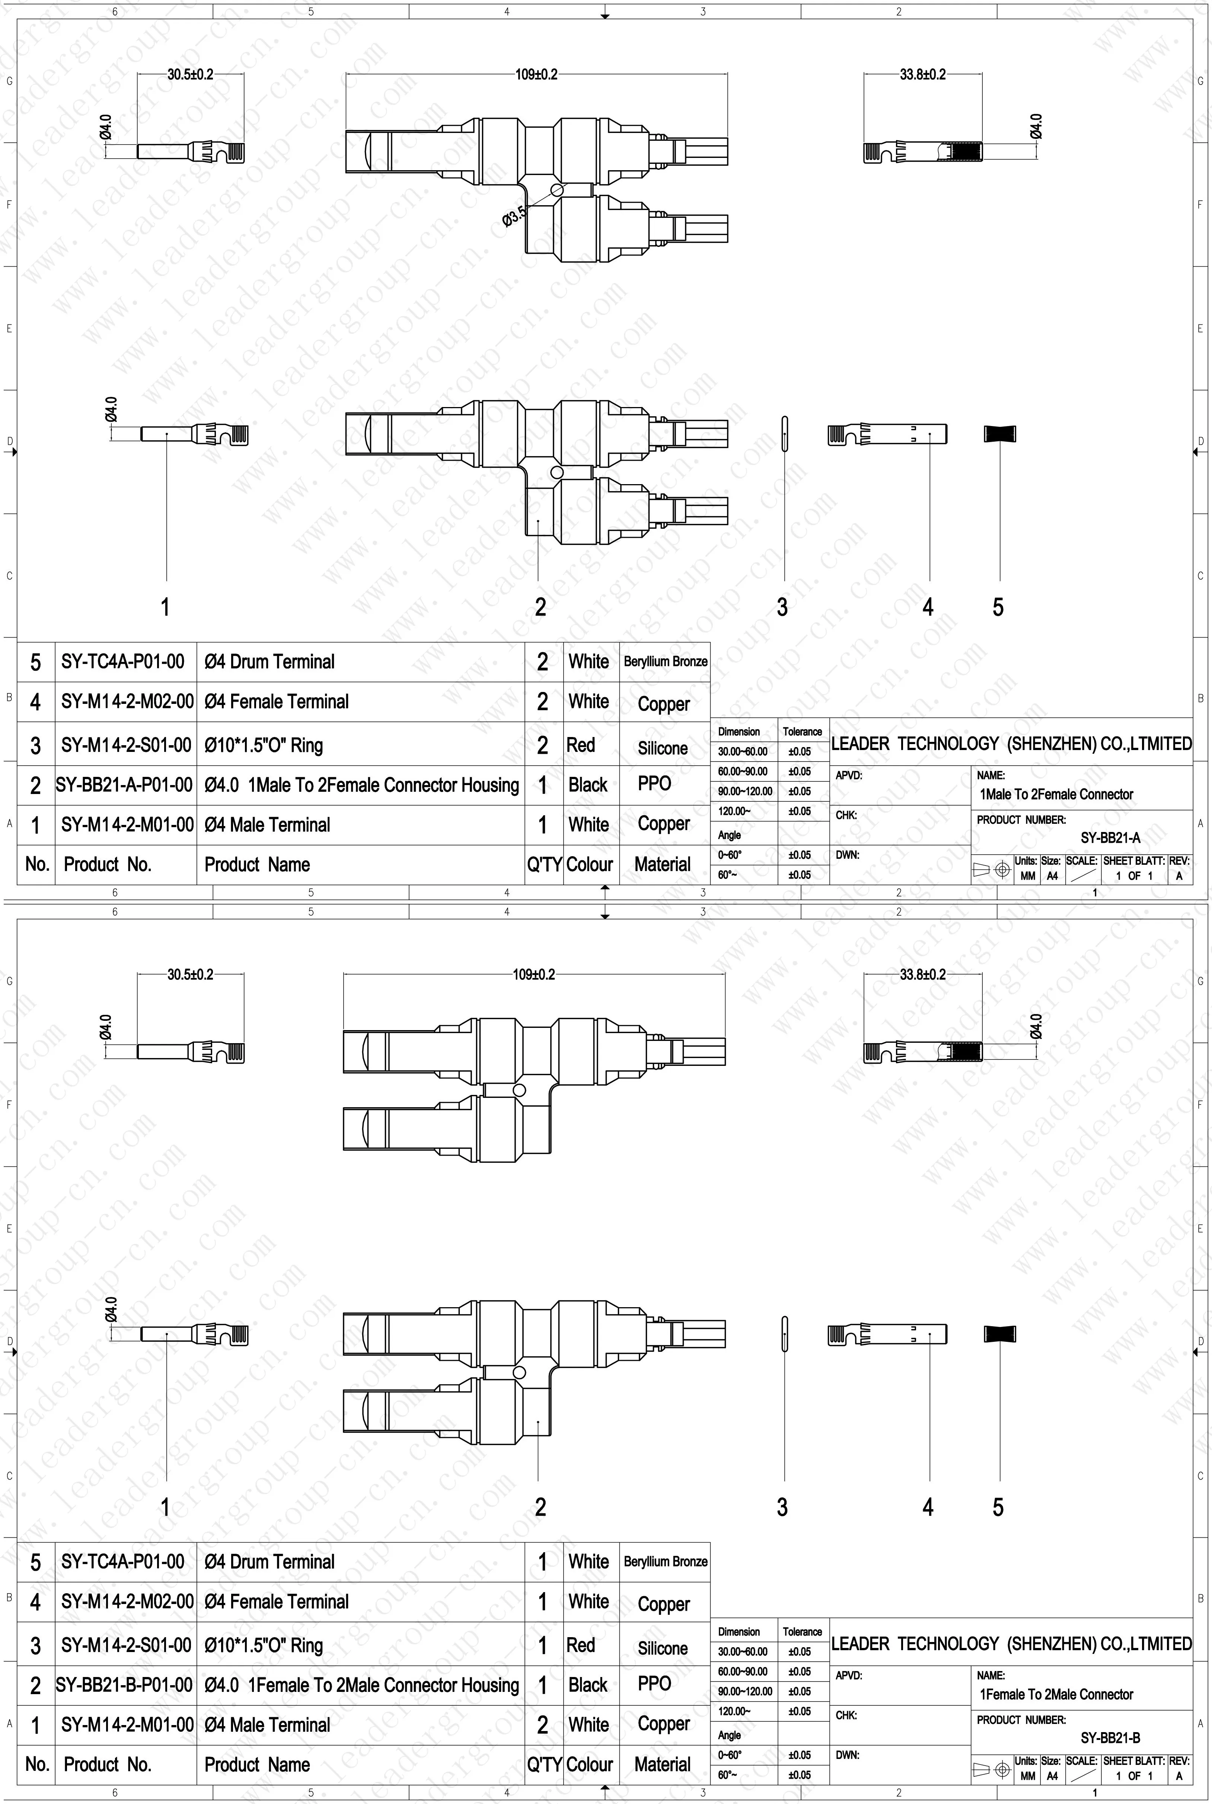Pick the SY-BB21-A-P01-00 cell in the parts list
coord(124,785)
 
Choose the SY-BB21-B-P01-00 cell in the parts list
coord(124,1685)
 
